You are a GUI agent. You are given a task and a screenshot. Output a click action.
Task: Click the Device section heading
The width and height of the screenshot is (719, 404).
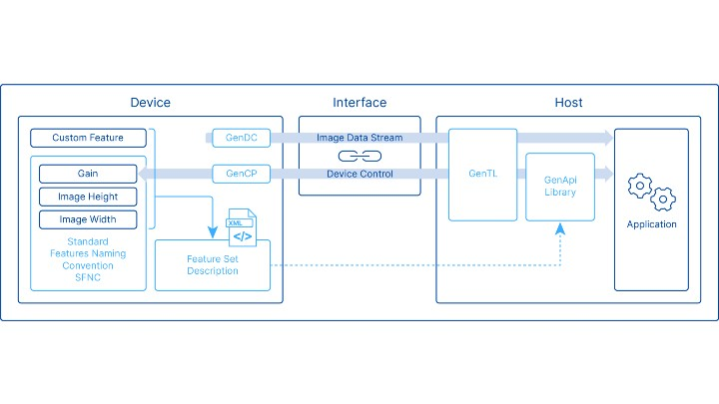150,103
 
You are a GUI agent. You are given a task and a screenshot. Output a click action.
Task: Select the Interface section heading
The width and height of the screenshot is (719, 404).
359,103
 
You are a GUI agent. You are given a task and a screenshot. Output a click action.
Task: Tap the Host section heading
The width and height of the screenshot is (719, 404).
568,103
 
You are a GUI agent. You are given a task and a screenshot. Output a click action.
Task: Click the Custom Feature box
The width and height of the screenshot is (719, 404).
88,137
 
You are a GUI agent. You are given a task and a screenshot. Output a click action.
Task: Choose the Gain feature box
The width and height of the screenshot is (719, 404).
88,174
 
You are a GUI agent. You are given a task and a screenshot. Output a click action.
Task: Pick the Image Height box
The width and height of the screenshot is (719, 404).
88,197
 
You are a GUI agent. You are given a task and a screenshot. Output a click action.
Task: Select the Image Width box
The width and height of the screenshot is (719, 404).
88,219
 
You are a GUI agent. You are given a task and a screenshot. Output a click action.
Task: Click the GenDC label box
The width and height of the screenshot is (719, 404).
241,137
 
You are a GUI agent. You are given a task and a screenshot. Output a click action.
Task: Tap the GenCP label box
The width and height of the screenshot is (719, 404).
241,174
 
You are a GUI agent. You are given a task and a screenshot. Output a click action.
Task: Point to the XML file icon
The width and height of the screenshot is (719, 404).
242,227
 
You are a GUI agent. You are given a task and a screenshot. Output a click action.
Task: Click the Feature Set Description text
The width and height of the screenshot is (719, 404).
212,265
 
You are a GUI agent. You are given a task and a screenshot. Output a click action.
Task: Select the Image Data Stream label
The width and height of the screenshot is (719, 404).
359,137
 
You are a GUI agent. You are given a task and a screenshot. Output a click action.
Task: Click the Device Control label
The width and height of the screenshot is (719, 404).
359,174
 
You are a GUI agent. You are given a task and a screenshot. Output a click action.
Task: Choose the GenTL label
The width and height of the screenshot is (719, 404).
482,174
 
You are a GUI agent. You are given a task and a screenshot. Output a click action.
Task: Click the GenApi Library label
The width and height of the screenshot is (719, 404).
559,187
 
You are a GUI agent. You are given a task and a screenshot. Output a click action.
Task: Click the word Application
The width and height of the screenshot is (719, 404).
651,224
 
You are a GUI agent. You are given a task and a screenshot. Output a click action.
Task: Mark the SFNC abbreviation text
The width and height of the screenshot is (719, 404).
88,277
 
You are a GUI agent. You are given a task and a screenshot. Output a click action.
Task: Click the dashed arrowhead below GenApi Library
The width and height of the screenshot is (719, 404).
560,228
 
